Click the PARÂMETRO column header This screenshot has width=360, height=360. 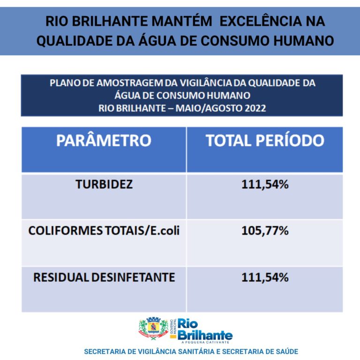(x=104, y=141)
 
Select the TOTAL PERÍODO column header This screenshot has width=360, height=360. (x=265, y=141)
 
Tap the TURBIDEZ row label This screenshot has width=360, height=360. (x=104, y=184)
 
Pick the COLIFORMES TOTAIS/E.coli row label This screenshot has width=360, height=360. (x=104, y=231)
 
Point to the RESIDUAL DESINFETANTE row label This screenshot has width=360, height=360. (x=104, y=277)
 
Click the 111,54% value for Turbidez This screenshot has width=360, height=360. (x=265, y=184)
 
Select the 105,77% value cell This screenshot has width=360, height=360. (x=265, y=231)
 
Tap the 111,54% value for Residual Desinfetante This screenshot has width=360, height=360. (x=265, y=277)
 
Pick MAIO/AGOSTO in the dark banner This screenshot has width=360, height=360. (x=207, y=108)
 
